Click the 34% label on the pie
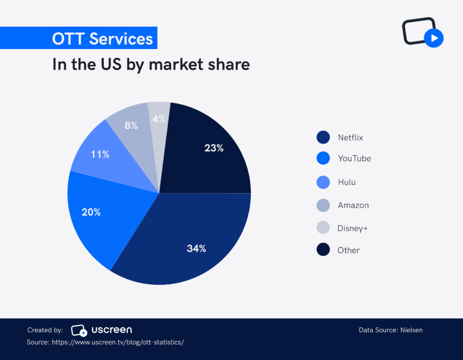196,249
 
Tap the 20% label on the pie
91,212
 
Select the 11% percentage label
100,154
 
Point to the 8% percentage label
131,125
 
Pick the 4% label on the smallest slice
159,119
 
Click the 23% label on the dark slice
214,148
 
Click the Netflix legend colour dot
323,137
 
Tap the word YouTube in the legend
354,158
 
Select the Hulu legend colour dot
323,182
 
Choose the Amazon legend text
353,205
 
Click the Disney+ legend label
352,228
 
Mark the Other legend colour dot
323,250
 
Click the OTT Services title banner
102,39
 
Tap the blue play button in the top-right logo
434,38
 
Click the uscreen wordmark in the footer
111,330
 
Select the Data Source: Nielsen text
391,330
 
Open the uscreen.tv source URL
118,342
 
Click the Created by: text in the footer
45,330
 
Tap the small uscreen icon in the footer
79,330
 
